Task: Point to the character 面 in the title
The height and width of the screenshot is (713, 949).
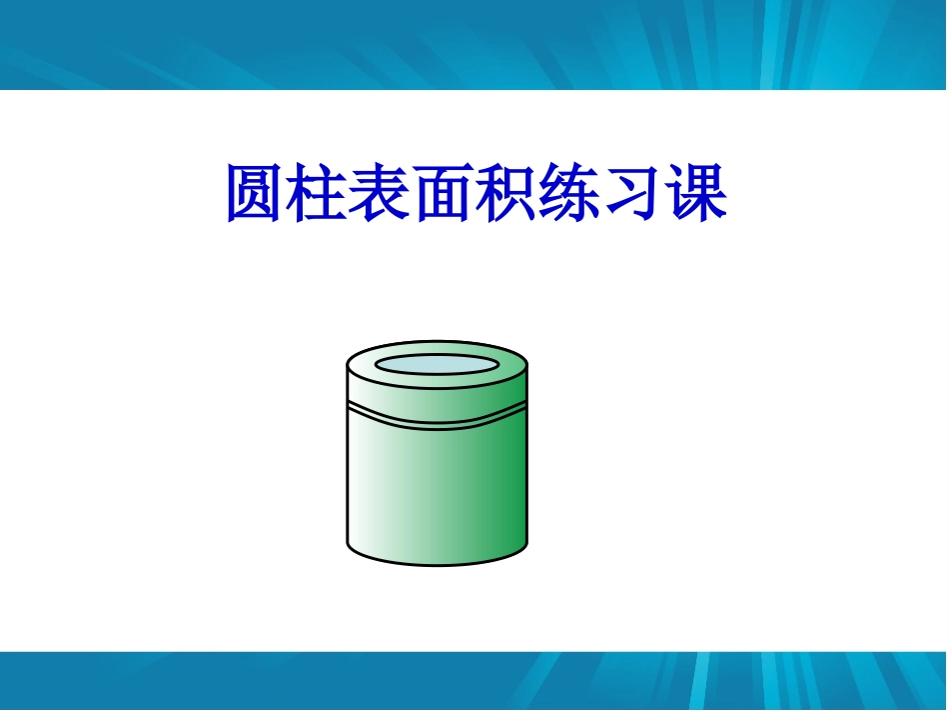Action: pyautogui.click(x=445, y=192)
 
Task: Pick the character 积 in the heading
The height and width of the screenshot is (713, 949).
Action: pyautogui.click(x=507, y=192)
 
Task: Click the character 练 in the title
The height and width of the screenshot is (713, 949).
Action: pyautogui.click(x=570, y=192)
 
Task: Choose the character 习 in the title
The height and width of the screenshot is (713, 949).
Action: pyautogui.click(x=633, y=192)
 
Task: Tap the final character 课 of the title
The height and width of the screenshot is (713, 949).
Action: pyautogui.click(x=696, y=192)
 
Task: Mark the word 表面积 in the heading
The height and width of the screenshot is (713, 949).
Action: pyautogui.click(x=445, y=192)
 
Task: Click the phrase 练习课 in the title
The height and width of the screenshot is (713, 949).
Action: pyautogui.click(x=633, y=192)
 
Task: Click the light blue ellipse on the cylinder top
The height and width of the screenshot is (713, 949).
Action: pyautogui.click(x=437, y=365)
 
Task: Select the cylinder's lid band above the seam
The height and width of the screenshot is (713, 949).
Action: pyautogui.click(x=437, y=398)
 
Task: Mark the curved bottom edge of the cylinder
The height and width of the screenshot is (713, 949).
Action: pyautogui.click(x=437, y=563)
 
